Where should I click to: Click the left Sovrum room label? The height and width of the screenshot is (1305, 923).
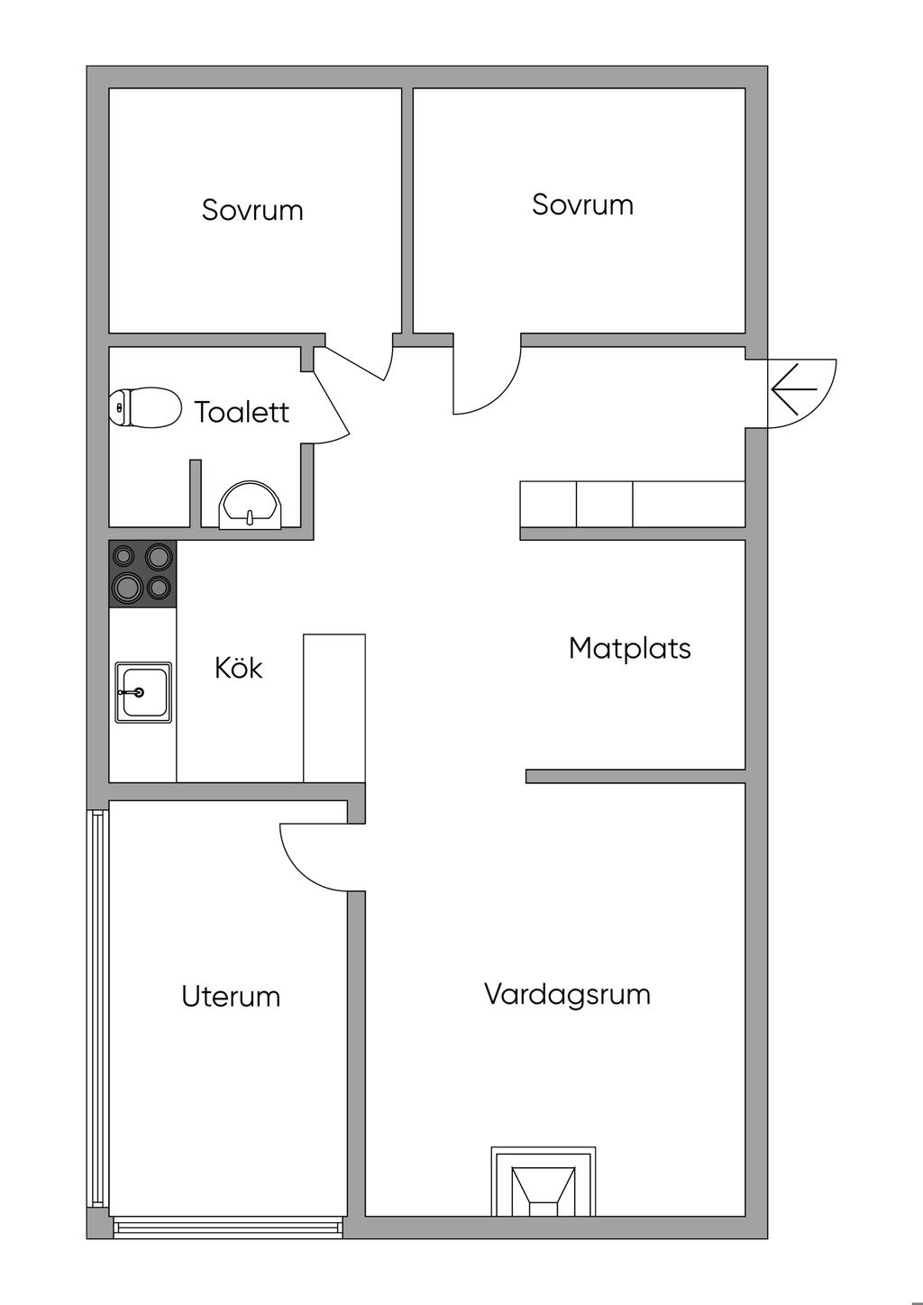pyautogui.click(x=252, y=210)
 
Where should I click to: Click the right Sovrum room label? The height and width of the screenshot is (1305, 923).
pyautogui.click(x=582, y=205)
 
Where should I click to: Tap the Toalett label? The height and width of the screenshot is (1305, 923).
pyautogui.click(x=242, y=412)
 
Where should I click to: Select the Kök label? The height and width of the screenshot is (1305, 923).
pyautogui.click(x=238, y=668)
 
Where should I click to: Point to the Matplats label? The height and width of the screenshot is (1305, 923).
pyautogui.click(x=630, y=648)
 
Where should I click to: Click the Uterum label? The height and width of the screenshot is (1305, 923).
pyautogui.click(x=231, y=996)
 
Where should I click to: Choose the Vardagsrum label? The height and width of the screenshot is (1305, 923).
pyautogui.click(x=567, y=994)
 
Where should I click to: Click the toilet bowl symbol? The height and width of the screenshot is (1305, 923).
pyautogui.click(x=144, y=407)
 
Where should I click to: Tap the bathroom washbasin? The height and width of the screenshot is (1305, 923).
pyautogui.click(x=250, y=506)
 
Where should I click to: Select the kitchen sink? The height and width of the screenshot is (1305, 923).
pyautogui.click(x=143, y=693)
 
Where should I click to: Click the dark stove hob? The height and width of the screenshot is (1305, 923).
pyautogui.click(x=142, y=574)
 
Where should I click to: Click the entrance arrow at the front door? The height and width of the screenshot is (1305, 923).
pyautogui.click(x=793, y=388)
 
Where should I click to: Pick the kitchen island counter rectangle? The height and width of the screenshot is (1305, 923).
pyautogui.click(x=334, y=708)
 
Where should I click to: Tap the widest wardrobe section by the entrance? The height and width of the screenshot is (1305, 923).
pyautogui.click(x=689, y=505)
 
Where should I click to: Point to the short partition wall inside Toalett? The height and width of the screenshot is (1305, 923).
pyautogui.click(x=196, y=494)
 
